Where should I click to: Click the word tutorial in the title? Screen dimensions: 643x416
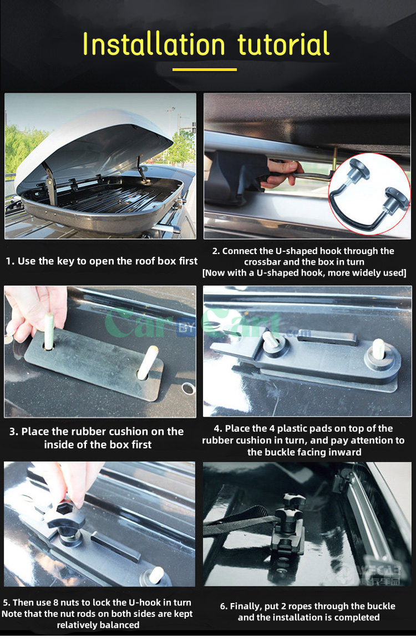283,44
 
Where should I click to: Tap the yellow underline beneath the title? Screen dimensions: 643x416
205,69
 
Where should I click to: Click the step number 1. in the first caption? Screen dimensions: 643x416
11,261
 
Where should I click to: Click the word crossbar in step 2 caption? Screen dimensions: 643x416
264,262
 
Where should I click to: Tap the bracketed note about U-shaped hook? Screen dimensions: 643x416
304,273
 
